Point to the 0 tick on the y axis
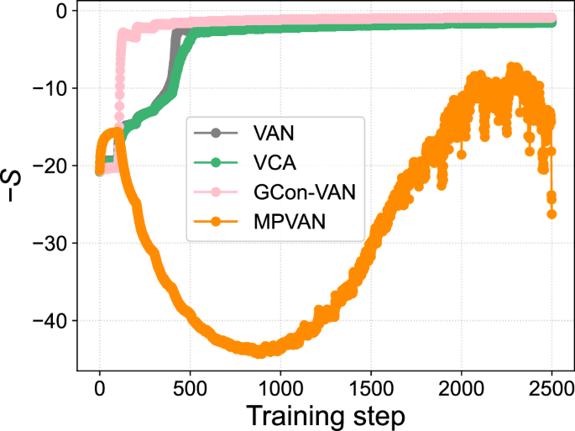pyautogui.click(x=62, y=12)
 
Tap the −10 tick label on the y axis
pyautogui.click(x=51, y=89)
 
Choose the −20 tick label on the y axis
pyautogui.click(x=51, y=166)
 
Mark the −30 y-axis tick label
pyautogui.click(x=51, y=244)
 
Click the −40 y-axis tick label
pyautogui.click(x=51, y=321)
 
